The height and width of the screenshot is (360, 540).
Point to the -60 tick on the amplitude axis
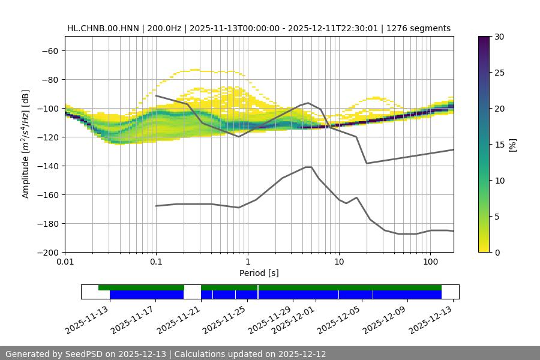coord(50,51)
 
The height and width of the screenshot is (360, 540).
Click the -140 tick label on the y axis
coord(47,166)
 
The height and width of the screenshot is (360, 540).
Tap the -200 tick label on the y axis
coord(47,253)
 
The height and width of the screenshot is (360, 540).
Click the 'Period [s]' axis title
coord(259,274)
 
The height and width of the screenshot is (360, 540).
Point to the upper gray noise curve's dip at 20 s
coord(367,163)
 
